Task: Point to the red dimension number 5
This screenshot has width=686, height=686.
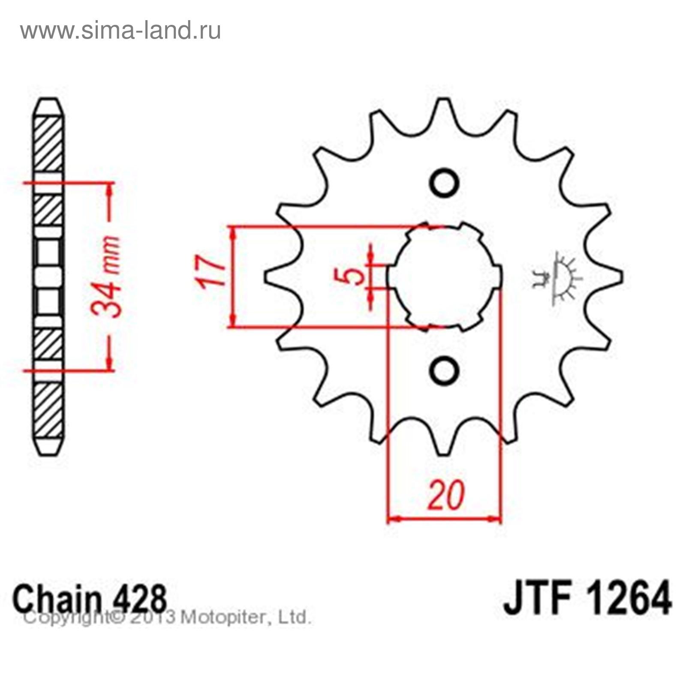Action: [x=352, y=276]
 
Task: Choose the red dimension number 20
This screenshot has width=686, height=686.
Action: [x=446, y=496]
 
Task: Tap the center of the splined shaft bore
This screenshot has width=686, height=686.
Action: [x=444, y=277]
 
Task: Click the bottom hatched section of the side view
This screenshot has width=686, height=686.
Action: [x=50, y=410]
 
